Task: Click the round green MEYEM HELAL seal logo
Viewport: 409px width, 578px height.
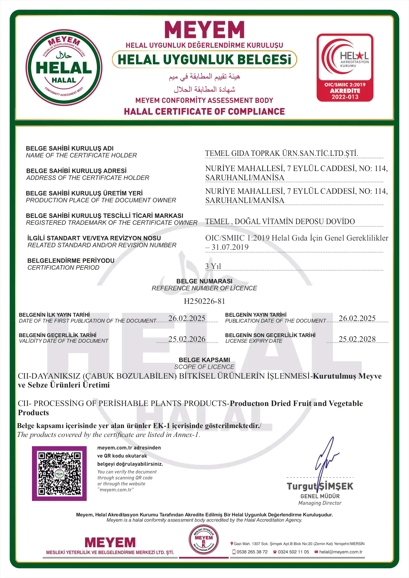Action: (64, 68)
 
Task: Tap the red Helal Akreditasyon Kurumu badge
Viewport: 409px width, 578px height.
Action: (345, 68)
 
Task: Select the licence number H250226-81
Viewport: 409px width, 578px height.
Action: (204, 301)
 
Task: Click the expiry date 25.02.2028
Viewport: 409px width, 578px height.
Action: (357, 339)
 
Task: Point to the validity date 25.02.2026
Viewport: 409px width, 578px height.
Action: (187, 339)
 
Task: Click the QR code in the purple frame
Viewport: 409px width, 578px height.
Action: (59, 474)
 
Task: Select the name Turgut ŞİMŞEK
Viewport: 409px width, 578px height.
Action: (320, 486)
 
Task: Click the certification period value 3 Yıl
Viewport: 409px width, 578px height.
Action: (213, 266)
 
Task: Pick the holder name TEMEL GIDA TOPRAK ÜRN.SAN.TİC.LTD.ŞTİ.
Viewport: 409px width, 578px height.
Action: (281, 153)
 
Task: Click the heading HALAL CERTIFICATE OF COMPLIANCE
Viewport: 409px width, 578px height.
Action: (204, 112)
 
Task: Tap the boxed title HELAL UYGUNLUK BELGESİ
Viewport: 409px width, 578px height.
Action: (204, 60)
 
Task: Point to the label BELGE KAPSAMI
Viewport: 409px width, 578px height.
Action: (204, 360)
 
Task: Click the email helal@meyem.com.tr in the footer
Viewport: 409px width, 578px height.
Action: (340, 552)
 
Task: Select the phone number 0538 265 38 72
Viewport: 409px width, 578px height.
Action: (252, 552)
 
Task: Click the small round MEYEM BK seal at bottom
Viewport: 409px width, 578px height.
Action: (204, 540)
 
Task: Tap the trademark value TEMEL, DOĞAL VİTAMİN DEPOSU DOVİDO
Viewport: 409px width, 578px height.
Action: (280, 221)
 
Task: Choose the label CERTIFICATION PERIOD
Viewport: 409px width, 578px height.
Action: (63, 268)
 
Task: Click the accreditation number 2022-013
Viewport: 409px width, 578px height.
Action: (345, 97)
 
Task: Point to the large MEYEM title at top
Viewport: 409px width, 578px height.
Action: (204, 30)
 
